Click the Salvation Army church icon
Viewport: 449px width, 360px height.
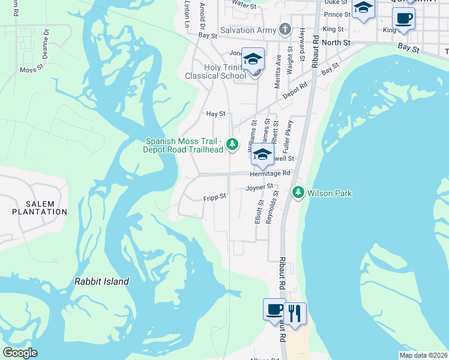(285, 30)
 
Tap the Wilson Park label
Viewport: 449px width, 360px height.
(330, 193)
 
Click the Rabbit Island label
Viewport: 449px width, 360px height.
(101, 281)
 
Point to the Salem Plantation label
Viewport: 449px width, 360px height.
(40, 208)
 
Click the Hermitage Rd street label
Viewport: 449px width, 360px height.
(270, 173)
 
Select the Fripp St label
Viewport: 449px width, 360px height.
(214, 196)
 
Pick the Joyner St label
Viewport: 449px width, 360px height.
(260, 188)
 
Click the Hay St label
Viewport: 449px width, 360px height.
(215, 113)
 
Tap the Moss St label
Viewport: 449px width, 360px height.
(32, 70)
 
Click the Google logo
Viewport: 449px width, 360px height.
(20, 353)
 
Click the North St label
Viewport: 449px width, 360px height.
(336, 43)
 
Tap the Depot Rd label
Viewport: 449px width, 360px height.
(295, 85)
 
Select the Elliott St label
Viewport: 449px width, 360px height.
(258, 212)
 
